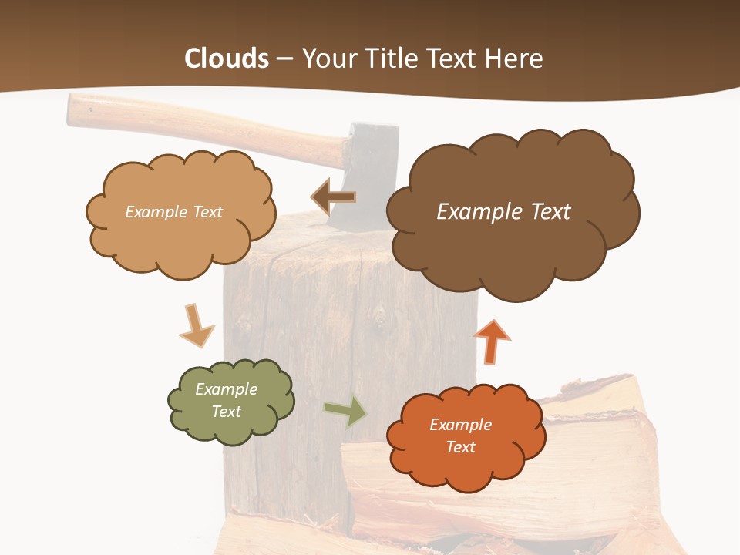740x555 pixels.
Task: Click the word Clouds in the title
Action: tap(227, 59)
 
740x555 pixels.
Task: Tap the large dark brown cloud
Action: tap(512, 231)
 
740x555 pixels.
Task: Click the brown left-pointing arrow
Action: tap(333, 197)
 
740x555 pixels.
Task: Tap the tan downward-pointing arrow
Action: tap(195, 325)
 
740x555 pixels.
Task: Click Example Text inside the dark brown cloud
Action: tap(503, 211)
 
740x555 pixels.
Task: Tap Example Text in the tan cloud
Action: tap(173, 211)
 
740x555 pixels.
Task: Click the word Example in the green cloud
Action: tap(226, 389)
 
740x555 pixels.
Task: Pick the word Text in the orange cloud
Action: tap(460, 447)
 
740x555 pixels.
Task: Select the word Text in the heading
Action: tap(451, 59)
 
